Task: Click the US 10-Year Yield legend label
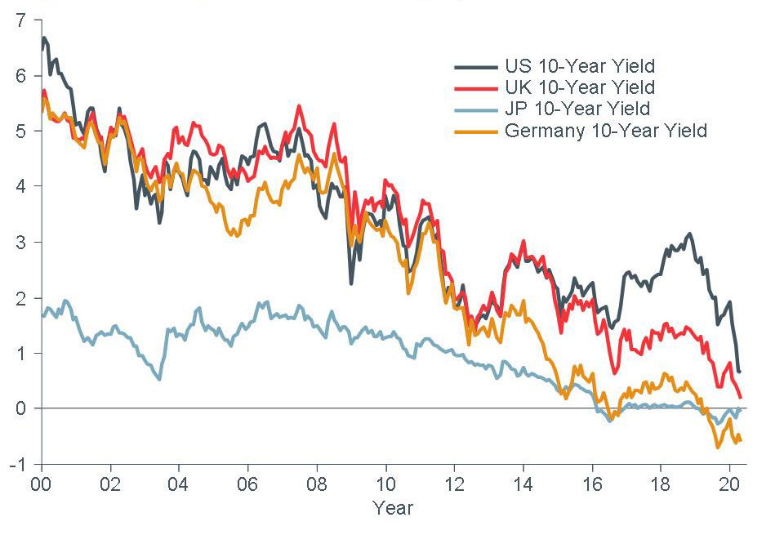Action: [579, 66]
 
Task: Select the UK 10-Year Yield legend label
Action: [579, 87]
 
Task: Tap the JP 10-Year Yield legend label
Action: [577, 109]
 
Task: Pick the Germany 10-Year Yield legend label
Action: [605, 130]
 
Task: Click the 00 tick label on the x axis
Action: [41, 483]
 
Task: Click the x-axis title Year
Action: [393, 508]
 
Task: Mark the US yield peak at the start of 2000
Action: [44, 38]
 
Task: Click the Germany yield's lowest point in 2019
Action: [719, 447]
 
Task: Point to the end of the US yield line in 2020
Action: [739, 372]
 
